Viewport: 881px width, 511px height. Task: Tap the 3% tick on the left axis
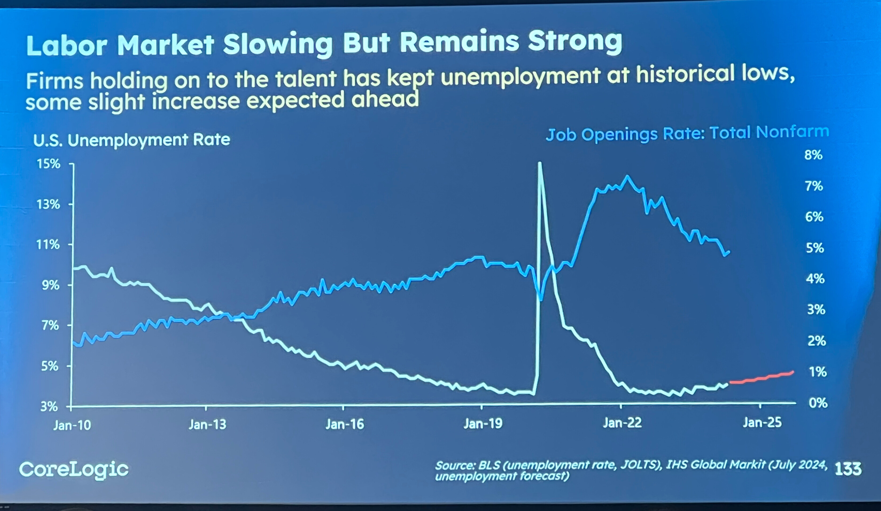49,407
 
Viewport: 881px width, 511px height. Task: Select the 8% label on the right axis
813,155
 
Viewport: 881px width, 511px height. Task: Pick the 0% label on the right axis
818,403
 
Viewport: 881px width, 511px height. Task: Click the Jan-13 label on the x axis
207,425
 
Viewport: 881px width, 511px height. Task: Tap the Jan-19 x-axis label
483,424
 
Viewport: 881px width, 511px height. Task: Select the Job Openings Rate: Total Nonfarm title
687,133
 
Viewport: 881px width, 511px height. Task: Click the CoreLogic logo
74,469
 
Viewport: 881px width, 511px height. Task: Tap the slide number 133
848,469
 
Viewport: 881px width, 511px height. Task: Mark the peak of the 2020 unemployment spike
540,163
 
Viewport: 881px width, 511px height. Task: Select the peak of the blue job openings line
627,177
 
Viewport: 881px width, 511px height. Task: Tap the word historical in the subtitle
683,75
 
